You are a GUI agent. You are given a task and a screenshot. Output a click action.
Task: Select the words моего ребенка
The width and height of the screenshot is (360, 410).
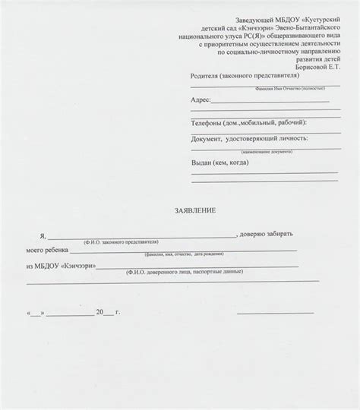tap(46, 249)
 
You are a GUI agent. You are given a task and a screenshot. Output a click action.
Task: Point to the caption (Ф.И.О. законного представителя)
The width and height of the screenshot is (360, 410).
tap(121, 241)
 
